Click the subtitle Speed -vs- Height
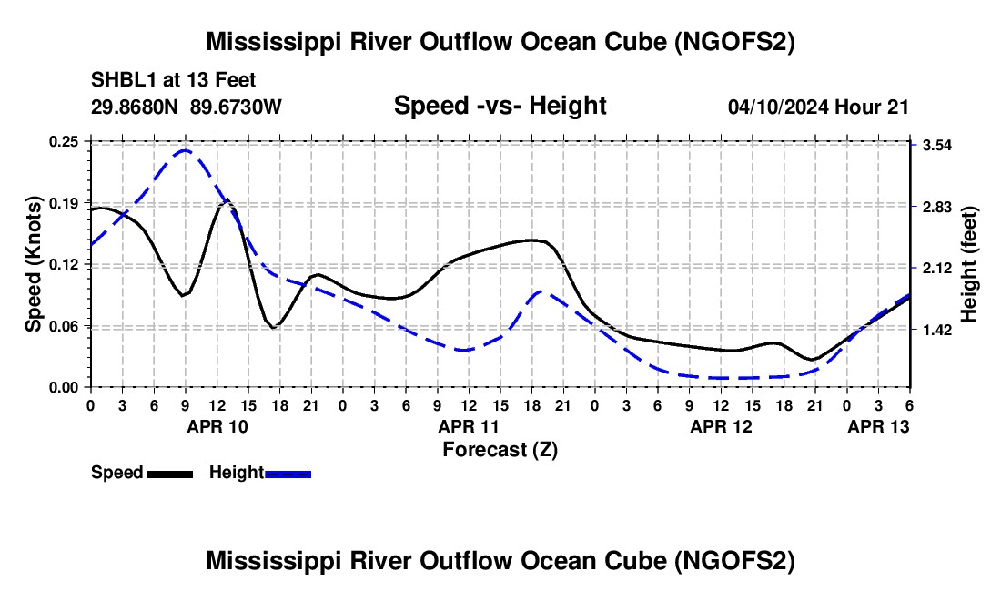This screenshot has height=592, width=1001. tap(500, 106)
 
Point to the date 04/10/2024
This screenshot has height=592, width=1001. tap(779, 107)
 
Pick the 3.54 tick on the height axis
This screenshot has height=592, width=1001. tap(938, 146)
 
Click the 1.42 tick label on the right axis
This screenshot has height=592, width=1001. tap(938, 330)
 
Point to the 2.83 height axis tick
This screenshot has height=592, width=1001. tap(938, 207)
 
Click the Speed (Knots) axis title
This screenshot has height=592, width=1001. tap(33, 264)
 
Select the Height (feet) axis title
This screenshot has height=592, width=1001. tap(969, 264)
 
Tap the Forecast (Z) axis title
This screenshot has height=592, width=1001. tap(500, 449)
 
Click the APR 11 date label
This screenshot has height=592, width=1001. tap(468, 426)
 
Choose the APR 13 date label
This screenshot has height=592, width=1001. tap(878, 426)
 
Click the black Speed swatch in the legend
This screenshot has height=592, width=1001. tap(170, 474)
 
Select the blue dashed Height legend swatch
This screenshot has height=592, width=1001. tap(288, 474)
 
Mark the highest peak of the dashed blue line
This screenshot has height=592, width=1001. tap(185, 150)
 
